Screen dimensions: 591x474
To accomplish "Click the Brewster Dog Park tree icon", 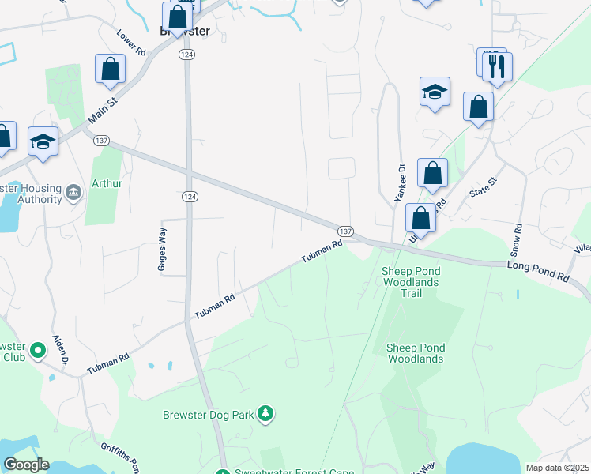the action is (x=267, y=413).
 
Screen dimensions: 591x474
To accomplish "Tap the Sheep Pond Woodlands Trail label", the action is (x=411, y=282).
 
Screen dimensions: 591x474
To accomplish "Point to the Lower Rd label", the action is (x=131, y=43).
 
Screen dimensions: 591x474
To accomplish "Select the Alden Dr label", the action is (x=60, y=348).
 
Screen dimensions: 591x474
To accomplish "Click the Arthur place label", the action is (x=107, y=184).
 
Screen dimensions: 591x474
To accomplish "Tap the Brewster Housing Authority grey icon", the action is (x=73, y=192).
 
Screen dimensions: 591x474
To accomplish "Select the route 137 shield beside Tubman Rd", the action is (x=345, y=230).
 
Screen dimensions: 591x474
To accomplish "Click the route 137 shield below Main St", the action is (x=100, y=140).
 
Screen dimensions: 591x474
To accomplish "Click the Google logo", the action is (x=26, y=465).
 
